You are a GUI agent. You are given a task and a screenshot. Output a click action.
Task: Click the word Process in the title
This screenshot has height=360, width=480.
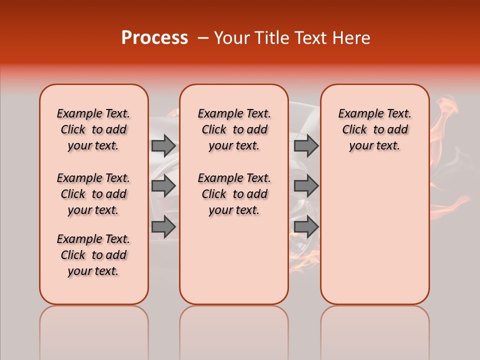(154, 38)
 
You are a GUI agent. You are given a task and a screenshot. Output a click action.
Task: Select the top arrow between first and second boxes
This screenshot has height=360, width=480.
(163, 145)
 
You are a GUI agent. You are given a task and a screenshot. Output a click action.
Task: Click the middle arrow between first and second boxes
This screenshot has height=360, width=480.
(163, 186)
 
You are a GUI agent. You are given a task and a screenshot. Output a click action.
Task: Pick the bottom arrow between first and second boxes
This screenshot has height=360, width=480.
(163, 227)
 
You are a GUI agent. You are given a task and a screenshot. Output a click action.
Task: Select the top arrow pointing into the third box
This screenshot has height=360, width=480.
(306, 145)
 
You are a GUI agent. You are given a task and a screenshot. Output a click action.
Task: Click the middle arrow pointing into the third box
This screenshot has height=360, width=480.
(306, 186)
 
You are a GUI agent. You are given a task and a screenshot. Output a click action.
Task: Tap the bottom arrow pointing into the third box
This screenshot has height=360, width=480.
(306, 227)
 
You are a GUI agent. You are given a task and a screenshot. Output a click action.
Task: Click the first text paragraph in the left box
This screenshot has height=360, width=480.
(93, 129)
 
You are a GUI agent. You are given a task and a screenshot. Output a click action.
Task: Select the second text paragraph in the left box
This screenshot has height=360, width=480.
(93, 194)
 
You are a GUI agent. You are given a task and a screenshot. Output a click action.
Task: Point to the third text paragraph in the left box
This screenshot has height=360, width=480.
(93, 255)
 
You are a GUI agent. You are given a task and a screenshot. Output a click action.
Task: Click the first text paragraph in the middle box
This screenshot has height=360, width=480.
(234, 129)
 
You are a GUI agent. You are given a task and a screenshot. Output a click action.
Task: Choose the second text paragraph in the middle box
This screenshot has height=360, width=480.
(234, 194)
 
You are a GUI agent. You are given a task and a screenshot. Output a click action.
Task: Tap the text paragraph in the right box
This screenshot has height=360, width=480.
(374, 129)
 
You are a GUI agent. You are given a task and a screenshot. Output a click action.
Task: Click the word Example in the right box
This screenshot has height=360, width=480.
(356, 114)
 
